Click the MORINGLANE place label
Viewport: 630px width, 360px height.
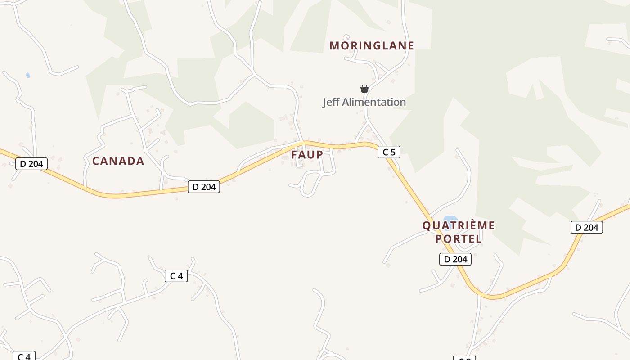point(372,46)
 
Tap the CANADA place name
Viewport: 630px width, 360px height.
point(118,161)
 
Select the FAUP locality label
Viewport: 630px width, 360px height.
point(307,155)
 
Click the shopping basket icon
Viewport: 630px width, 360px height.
point(364,89)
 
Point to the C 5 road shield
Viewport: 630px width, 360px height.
point(389,152)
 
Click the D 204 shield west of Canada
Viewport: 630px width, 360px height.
point(31,164)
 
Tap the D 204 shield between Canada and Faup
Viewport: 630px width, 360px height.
point(204,187)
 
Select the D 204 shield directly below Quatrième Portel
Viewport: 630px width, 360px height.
point(455,259)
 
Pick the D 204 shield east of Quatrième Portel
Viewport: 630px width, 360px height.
point(587,228)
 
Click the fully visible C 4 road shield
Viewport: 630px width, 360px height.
point(176,276)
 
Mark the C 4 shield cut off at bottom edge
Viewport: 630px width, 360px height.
point(24,356)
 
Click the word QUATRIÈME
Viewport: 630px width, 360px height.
point(459,225)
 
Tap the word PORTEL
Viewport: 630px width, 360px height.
point(459,239)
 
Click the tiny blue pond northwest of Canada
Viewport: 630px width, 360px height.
point(28,75)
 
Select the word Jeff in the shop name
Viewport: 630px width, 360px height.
point(331,102)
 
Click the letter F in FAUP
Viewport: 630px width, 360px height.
point(295,155)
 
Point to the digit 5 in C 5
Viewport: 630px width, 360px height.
point(393,152)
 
